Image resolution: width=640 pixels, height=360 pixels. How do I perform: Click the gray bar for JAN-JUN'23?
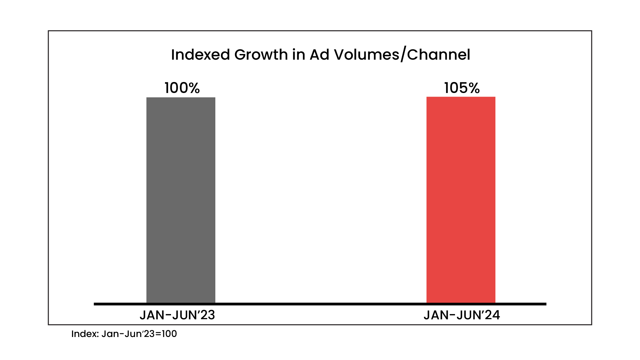pos(181,200)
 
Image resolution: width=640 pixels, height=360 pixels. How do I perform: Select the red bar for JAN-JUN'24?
pos(461,200)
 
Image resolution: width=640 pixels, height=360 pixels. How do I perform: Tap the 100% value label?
pos(182,88)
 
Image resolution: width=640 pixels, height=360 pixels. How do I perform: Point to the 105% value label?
pos(462,88)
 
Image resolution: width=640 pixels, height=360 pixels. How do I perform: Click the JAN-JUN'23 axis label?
pos(177,315)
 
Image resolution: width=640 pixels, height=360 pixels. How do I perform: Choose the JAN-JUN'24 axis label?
pos(462,315)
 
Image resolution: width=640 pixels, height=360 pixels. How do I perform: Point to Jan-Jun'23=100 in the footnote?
pos(139,334)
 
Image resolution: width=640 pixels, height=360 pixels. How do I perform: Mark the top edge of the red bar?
pos(461,97)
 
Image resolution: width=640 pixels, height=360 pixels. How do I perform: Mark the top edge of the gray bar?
pos(181,98)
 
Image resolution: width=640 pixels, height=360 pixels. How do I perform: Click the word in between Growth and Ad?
pos(299,55)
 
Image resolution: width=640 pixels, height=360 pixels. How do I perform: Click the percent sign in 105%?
pos(473,88)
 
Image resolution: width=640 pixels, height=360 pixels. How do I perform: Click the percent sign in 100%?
pos(193,88)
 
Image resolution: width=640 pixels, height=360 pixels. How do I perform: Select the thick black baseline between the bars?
pos(320,304)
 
